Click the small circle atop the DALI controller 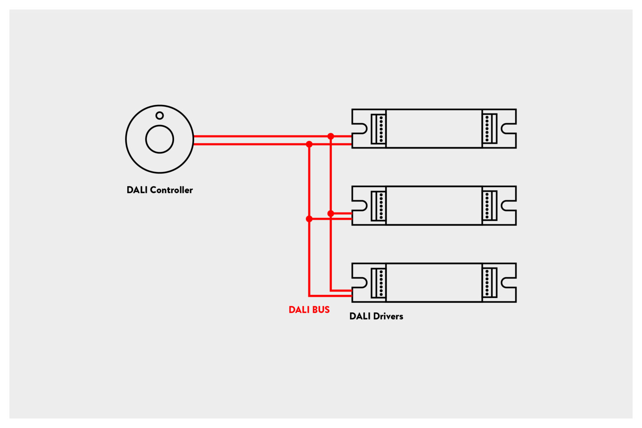(159, 116)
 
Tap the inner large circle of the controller (159, 139)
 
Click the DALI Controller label (159, 190)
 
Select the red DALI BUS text (309, 310)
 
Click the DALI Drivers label (376, 316)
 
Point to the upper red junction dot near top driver (331, 137)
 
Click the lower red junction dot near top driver (309, 144)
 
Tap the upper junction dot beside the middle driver (331, 214)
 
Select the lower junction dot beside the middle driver (309, 219)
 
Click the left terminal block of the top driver (378, 129)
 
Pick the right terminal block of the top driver (490, 129)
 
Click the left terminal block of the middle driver (378, 206)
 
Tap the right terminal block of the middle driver (490, 206)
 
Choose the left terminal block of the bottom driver (378, 283)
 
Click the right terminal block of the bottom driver (490, 283)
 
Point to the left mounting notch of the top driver (360, 129)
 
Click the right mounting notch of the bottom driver (508, 283)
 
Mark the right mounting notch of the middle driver (508, 206)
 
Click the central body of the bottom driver (434, 283)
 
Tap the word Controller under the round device (171, 190)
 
